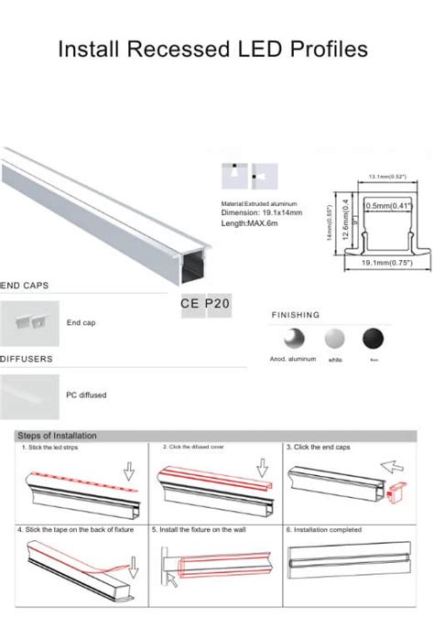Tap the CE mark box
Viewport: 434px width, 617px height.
pyautogui.click(x=191, y=302)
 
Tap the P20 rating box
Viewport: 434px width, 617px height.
pyautogui.click(x=218, y=302)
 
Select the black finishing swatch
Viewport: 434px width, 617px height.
pyautogui.click(x=373, y=337)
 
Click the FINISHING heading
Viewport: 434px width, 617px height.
pyautogui.click(x=296, y=315)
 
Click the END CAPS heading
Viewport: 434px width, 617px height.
pyautogui.click(x=24, y=287)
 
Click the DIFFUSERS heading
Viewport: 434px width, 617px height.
pyautogui.click(x=27, y=359)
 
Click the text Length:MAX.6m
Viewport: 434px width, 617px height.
pyautogui.click(x=249, y=222)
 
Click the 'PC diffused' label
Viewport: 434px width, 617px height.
pyautogui.click(x=86, y=395)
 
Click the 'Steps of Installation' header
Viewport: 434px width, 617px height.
pyautogui.click(x=57, y=436)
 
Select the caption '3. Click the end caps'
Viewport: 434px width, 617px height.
pyautogui.click(x=318, y=448)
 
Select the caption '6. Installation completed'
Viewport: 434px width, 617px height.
pyautogui.click(x=324, y=529)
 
